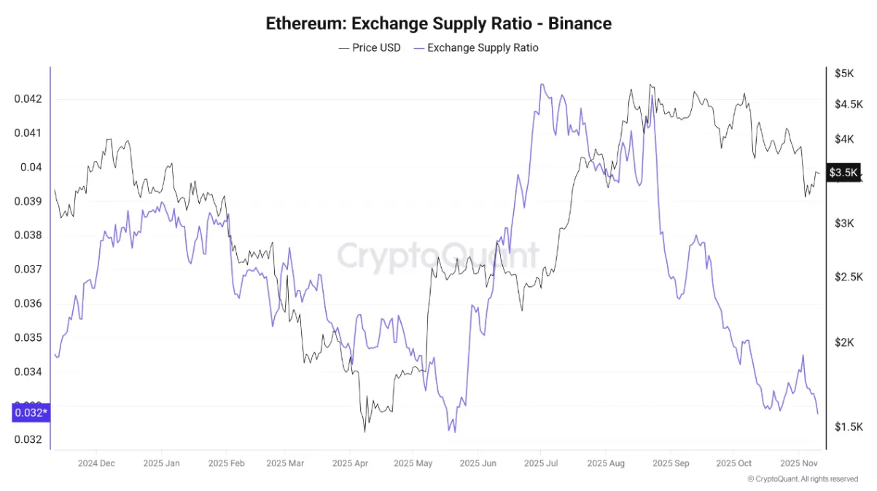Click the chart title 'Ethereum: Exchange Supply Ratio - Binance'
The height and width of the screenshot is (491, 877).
[x=438, y=23]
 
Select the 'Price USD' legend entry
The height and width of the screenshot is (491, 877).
[x=370, y=48]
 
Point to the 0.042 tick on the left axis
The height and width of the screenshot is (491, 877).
[x=27, y=99]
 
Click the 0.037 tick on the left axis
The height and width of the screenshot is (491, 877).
[x=27, y=270]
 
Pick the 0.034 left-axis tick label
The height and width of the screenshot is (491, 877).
[x=27, y=372]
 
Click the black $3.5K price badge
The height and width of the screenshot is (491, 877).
[x=843, y=173]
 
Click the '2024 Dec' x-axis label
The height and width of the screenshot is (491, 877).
[x=96, y=463]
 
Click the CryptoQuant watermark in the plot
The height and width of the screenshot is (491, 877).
[x=437, y=256]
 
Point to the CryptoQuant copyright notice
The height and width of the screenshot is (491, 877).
[x=803, y=479]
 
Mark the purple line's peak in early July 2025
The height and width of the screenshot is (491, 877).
[x=542, y=84]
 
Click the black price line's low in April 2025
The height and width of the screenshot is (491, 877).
[x=365, y=431]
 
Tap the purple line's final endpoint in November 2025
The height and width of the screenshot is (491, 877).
[x=817, y=414]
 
